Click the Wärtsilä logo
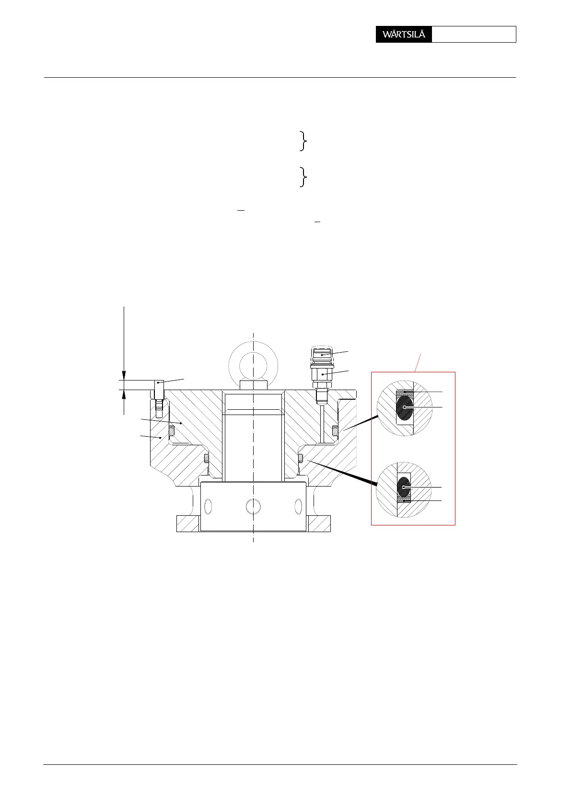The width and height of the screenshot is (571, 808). (x=404, y=35)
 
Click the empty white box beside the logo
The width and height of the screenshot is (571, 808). (x=474, y=35)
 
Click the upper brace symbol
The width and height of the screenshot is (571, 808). (x=303, y=141)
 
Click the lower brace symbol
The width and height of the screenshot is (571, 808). (x=303, y=177)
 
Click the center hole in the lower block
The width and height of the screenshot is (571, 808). (x=253, y=506)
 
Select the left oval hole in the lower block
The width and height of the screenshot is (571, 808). (x=208, y=506)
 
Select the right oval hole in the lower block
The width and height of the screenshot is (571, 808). (x=299, y=506)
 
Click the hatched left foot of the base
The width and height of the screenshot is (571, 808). (x=187, y=523)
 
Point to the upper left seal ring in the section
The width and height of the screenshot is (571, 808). (x=171, y=431)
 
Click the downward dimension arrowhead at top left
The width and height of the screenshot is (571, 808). (x=124, y=375)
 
